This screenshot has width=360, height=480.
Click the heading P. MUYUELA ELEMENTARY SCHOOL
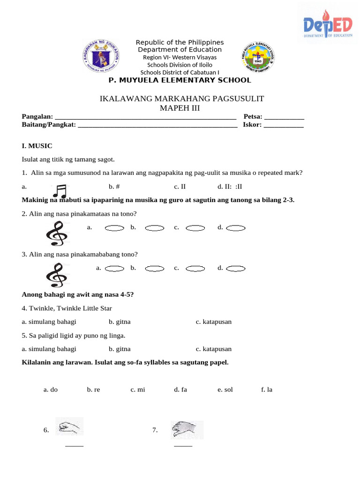click(180, 80)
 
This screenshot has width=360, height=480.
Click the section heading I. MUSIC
click(37, 146)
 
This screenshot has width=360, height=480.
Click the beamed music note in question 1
click(60, 190)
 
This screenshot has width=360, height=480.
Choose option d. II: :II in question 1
click(230, 186)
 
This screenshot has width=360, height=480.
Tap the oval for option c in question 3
click(195, 269)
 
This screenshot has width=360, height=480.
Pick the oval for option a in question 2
click(114, 228)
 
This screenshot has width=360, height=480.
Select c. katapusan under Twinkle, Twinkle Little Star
click(214, 322)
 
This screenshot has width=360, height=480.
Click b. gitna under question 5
click(120, 349)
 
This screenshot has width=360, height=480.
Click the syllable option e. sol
click(225, 390)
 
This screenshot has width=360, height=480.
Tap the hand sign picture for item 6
click(69, 426)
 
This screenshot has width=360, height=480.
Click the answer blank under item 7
click(183, 445)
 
